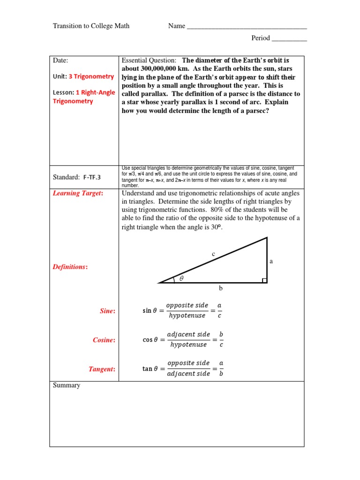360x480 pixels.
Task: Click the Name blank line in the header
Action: point(247,27)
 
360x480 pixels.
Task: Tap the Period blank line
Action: point(289,39)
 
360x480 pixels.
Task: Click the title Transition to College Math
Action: point(91,26)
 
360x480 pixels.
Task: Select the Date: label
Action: point(60,60)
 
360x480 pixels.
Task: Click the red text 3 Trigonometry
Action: point(91,76)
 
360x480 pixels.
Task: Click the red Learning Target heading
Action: point(78,194)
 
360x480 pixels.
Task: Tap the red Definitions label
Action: point(70,267)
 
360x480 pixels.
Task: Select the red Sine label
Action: point(107,311)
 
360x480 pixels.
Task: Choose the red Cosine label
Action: point(104,340)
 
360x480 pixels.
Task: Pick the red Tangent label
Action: point(102,369)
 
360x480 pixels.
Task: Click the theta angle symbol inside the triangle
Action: point(182,278)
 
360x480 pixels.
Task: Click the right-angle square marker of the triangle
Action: point(264,280)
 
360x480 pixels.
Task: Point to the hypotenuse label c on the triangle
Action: point(213,254)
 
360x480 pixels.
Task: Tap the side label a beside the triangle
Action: point(271,262)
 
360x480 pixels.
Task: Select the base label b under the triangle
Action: point(221,288)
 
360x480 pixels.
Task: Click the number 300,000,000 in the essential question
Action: point(155,69)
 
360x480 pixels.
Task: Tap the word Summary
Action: point(67,385)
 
